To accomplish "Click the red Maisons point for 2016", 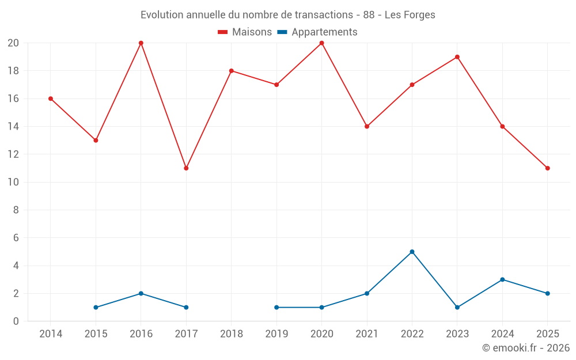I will click(141, 43).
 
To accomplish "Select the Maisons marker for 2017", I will click(186, 168).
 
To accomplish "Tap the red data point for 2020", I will click(321, 43).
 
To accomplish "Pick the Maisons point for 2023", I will click(457, 57).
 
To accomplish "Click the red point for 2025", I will click(548, 168).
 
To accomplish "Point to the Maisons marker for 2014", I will click(51, 98).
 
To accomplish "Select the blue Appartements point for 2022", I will click(412, 252).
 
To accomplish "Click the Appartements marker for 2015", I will click(96, 308).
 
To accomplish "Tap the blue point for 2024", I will click(502, 279).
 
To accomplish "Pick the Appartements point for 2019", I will click(276, 308).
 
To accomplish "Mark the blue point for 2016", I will click(141, 293).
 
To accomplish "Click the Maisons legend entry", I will click(245, 32).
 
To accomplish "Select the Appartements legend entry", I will click(317, 32).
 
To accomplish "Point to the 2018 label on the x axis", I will click(231, 334).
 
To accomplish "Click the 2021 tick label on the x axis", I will click(367, 334).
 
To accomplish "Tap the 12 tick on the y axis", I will click(13, 154).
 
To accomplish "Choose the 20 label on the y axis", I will click(13, 43).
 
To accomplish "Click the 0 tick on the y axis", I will click(16, 321).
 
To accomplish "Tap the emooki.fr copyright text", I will click(526, 348).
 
